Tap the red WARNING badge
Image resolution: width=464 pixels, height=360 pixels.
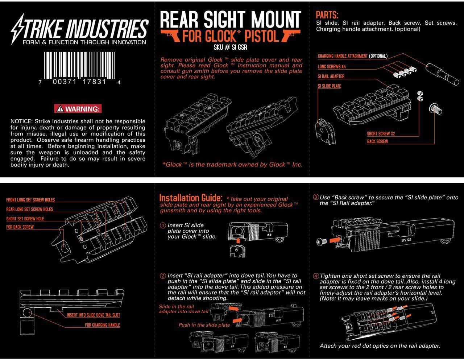click(x=78, y=109)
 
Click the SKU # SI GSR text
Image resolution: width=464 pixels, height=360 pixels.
click(x=231, y=47)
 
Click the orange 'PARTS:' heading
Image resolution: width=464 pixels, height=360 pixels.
click(x=327, y=15)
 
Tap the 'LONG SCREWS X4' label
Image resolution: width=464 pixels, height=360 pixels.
click(x=331, y=67)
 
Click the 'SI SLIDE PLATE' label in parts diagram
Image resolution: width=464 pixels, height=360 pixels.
click(x=329, y=86)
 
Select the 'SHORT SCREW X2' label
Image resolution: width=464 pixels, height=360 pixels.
click(x=381, y=134)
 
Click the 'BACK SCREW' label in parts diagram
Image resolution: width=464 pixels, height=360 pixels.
click(x=377, y=141)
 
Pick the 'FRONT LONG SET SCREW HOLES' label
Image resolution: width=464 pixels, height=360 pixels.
click(x=30, y=200)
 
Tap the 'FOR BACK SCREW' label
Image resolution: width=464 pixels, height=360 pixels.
click(x=20, y=227)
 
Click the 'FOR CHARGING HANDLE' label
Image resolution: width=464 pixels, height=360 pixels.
click(x=102, y=325)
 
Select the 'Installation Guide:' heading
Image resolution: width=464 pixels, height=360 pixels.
click(x=191, y=198)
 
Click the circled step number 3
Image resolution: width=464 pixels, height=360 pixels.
click(x=316, y=197)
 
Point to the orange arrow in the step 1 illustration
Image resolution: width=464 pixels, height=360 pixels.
click(x=238, y=240)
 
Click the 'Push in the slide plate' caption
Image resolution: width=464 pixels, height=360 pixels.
click(x=204, y=325)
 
